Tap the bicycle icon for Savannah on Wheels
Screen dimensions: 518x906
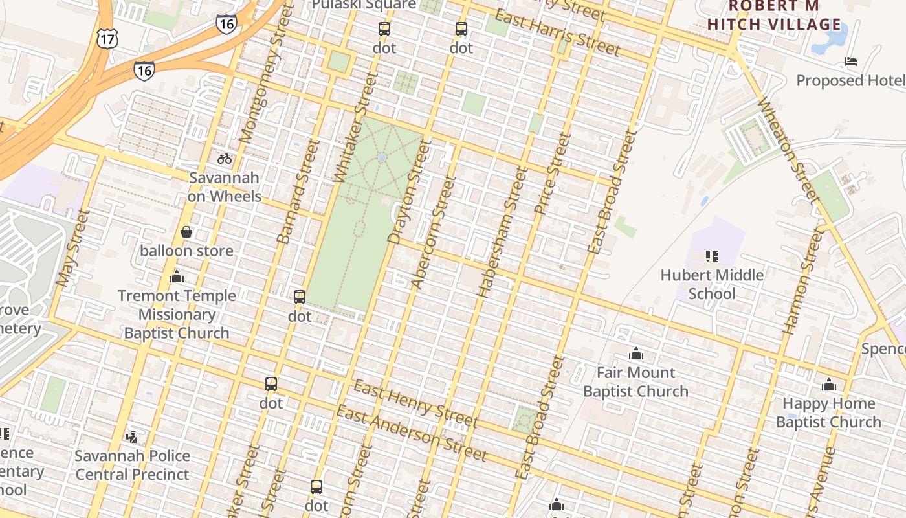pos(225,158)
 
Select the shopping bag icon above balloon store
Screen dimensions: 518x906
pos(186,232)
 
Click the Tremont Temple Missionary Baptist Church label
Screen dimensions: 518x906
pos(177,315)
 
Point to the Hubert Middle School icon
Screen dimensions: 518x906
pos(712,256)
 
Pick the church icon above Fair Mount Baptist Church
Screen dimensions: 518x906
pos(636,354)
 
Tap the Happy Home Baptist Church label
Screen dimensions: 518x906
pos(828,413)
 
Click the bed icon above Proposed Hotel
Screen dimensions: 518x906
pos(851,62)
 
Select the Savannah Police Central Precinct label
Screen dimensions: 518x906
pos(132,465)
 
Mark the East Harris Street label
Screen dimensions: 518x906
pos(557,32)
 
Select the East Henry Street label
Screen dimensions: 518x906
pos(415,404)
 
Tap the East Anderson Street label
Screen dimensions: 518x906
pos(411,434)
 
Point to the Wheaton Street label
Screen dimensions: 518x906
pos(785,150)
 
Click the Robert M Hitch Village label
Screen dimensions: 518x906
pos(774,16)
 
